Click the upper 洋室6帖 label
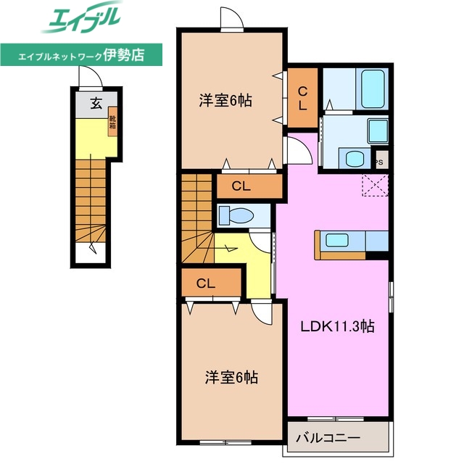click(x=225, y=101)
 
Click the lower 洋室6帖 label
click(x=231, y=377)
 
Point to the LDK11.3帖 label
click(x=337, y=326)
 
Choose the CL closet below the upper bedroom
click(x=241, y=186)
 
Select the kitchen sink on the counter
click(x=338, y=240)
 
